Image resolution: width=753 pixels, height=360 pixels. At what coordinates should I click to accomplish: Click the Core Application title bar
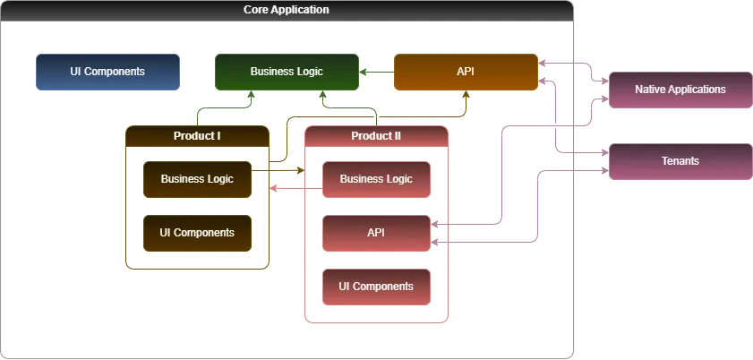[287, 10]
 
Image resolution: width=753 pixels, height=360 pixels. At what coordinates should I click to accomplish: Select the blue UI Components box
[107, 72]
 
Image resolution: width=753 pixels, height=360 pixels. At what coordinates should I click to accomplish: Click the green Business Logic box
[287, 72]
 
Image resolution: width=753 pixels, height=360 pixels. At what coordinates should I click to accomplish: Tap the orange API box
[466, 72]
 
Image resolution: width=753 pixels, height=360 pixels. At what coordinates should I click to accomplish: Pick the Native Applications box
[680, 90]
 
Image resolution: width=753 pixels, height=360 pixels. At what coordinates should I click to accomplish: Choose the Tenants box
[680, 161]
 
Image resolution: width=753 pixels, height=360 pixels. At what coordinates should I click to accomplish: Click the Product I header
[197, 136]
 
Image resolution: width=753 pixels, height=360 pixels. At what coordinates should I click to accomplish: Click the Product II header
[376, 136]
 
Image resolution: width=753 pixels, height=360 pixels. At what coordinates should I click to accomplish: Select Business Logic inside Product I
[197, 179]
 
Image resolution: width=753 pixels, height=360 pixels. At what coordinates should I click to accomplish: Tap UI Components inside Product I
[197, 233]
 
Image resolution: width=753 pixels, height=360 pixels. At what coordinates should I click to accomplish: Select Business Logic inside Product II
[376, 179]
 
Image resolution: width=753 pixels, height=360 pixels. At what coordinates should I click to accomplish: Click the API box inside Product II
[376, 233]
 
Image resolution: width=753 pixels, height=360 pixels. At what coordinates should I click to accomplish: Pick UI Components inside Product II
[376, 287]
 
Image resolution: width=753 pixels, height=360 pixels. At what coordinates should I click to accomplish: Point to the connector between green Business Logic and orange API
[377, 73]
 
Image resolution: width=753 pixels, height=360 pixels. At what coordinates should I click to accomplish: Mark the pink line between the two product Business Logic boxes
[295, 188]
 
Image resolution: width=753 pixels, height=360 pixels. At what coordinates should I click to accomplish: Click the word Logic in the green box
[308, 72]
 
